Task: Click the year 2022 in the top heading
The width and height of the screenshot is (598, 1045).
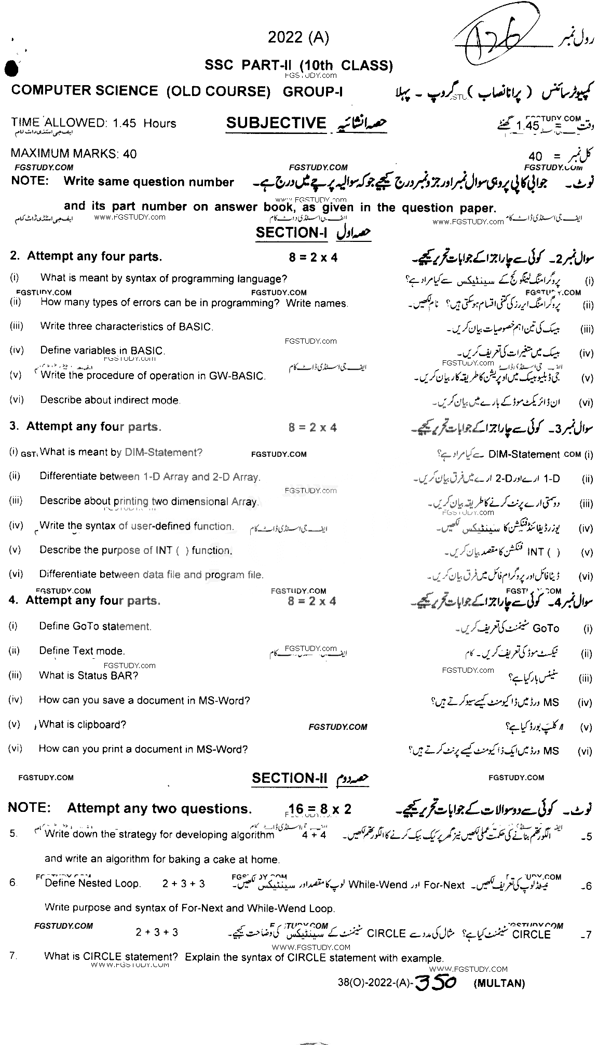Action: [285, 37]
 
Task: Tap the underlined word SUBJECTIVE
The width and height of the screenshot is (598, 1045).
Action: [276, 123]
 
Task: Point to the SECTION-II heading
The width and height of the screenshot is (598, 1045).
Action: [290, 778]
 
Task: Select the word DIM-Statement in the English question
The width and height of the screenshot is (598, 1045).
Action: [163, 452]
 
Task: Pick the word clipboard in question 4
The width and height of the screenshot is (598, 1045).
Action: [101, 724]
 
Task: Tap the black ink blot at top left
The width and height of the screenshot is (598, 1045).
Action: [11, 70]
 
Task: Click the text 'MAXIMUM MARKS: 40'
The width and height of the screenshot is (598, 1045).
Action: [74, 153]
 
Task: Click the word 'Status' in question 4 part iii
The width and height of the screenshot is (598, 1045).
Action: [92, 675]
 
